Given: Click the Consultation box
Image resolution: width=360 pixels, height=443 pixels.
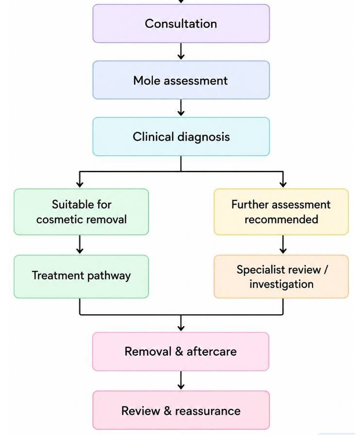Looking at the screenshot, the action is click(181, 23).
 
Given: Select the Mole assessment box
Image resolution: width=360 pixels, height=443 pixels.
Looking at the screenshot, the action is click(181, 80).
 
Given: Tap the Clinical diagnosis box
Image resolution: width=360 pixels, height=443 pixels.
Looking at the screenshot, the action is click(181, 136).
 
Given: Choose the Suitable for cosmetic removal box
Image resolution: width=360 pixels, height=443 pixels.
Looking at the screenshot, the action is click(82, 212).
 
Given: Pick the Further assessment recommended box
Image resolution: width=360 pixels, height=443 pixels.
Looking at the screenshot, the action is click(281, 212).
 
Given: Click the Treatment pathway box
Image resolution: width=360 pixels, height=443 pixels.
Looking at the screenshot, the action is click(82, 277).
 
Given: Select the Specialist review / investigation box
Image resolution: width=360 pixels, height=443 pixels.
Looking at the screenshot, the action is click(281, 277).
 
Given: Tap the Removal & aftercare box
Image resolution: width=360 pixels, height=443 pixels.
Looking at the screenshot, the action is click(181, 351).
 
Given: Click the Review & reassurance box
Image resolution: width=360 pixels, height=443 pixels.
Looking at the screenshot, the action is click(181, 410).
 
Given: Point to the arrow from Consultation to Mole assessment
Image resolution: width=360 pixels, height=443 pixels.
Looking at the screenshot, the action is click(181, 51).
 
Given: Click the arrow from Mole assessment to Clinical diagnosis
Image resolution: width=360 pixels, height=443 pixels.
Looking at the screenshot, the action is click(181, 108).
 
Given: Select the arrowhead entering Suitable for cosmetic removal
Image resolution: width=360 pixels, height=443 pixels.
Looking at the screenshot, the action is click(80, 184).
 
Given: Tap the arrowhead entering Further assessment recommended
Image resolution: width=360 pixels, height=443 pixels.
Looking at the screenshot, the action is click(283, 184).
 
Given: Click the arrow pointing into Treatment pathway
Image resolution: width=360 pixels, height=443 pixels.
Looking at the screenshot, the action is click(80, 245).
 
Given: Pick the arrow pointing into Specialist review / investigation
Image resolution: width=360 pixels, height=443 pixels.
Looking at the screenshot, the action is click(283, 245).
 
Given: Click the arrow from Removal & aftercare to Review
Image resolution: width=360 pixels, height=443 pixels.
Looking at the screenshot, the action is click(181, 380).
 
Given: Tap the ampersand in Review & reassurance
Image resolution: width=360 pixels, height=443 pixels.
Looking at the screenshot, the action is click(167, 411).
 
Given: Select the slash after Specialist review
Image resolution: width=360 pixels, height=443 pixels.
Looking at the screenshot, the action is click(326, 270).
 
